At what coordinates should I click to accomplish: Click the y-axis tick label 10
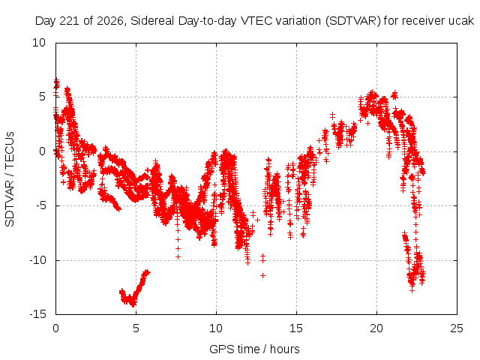39,43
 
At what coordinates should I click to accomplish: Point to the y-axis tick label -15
37,314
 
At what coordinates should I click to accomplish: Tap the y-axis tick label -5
41,205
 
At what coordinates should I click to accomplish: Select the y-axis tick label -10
37,260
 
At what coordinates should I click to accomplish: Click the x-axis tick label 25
457,328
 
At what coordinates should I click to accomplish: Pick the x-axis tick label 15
296,328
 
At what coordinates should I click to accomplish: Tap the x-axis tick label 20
376,328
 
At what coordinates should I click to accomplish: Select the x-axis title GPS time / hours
254,349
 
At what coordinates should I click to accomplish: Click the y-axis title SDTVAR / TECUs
10,179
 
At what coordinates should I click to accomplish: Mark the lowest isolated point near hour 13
262,275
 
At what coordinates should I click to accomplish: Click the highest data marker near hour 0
56,80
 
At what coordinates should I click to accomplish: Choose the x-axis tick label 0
55,328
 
